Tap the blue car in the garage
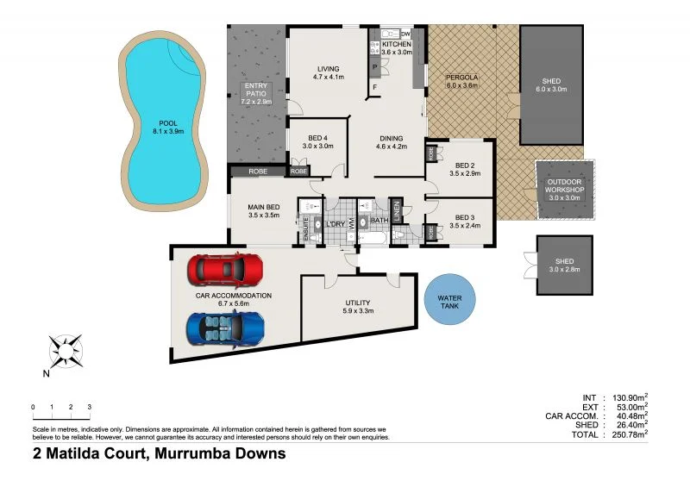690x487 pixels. pyautogui.click(x=225, y=328)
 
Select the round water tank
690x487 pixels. pyautogui.click(x=449, y=300)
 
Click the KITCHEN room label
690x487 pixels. pyautogui.click(x=397, y=44)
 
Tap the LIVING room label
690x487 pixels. pyautogui.click(x=328, y=68)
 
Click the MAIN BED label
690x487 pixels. pyautogui.click(x=263, y=206)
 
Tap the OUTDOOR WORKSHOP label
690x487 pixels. pyautogui.click(x=563, y=185)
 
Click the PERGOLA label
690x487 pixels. pyautogui.click(x=461, y=77)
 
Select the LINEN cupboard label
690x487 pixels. pyautogui.click(x=397, y=209)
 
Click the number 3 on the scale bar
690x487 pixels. pyautogui.click(x=89, y=407)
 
